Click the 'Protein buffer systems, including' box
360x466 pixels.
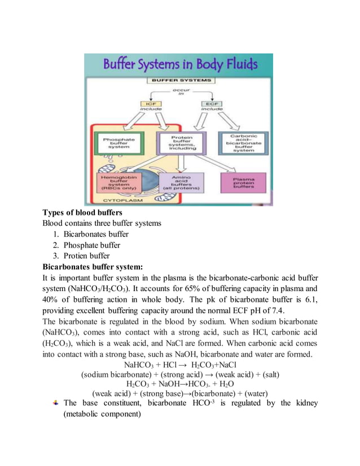pyautogui.click(x=181, y=143)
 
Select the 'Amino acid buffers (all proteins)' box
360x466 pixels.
pyautogui.click(x=181, y=183)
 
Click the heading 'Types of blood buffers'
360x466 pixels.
pyautogui.click(x=82, y=213)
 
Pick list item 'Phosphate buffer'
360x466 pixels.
pyautogui.click(x=92, y=245)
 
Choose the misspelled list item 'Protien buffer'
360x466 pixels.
pyautogui.click(x=86, y=256)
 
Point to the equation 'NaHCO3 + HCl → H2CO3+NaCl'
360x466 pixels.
pyautogui.click(x=180, y=365)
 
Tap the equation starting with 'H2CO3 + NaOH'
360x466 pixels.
pyautogui.click(x=180, y=384)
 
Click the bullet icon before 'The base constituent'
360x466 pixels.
pyautogui.click(x=55, y=403)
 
